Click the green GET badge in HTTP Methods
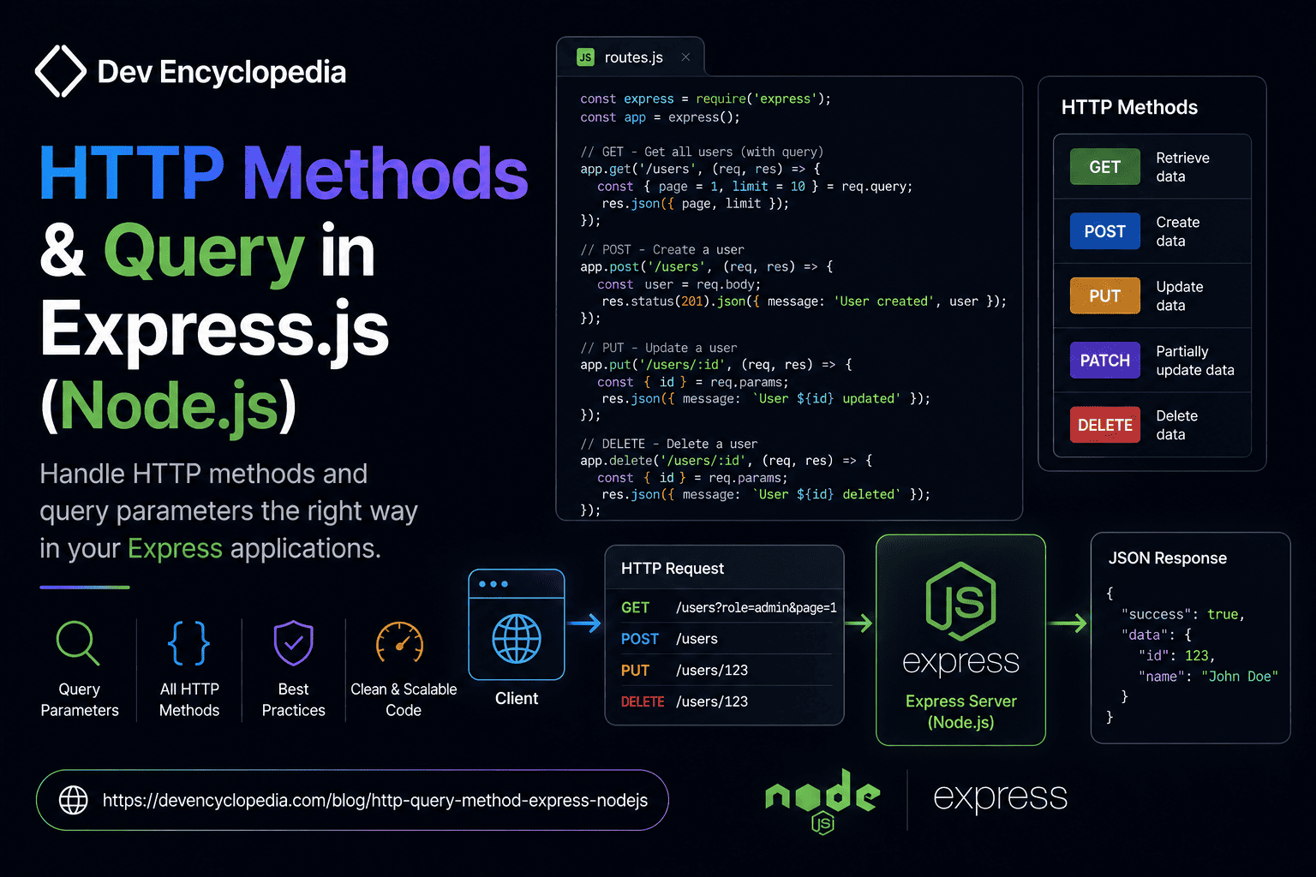1104,167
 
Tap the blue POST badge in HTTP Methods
1104,231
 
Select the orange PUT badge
1104,295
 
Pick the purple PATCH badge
1104,360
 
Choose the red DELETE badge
1104,425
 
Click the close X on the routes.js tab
685,57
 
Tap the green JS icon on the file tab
585,57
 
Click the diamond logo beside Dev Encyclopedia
61,71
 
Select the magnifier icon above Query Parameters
78,643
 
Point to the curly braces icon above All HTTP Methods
188,643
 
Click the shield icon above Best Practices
293,643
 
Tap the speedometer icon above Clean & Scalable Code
399,642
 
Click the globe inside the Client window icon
517,639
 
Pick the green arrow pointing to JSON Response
1068,623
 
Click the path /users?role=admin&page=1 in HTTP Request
757,607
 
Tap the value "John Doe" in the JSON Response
1240,676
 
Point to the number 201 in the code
691,301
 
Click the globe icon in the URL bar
74,800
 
